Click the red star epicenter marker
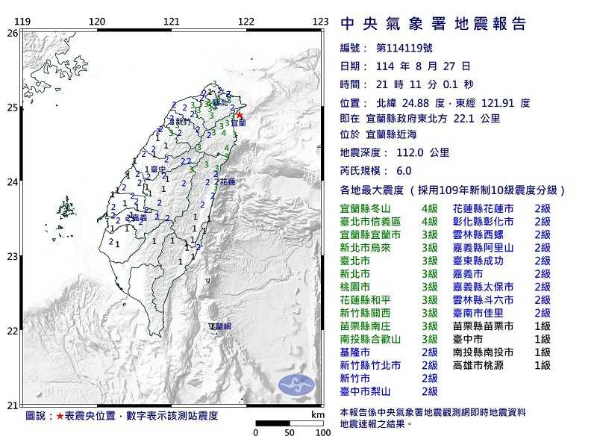click(x=240, y=115)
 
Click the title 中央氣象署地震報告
click(x=434, y=24)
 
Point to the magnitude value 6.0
click(x=404, y=170)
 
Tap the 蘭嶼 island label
click(x=220, y=326)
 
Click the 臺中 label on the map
click(x=157, y=170)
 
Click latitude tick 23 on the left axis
click(x=12, y=256)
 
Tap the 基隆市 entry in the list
click(x=355, y=352)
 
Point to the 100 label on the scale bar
click(x=322, y=433)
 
